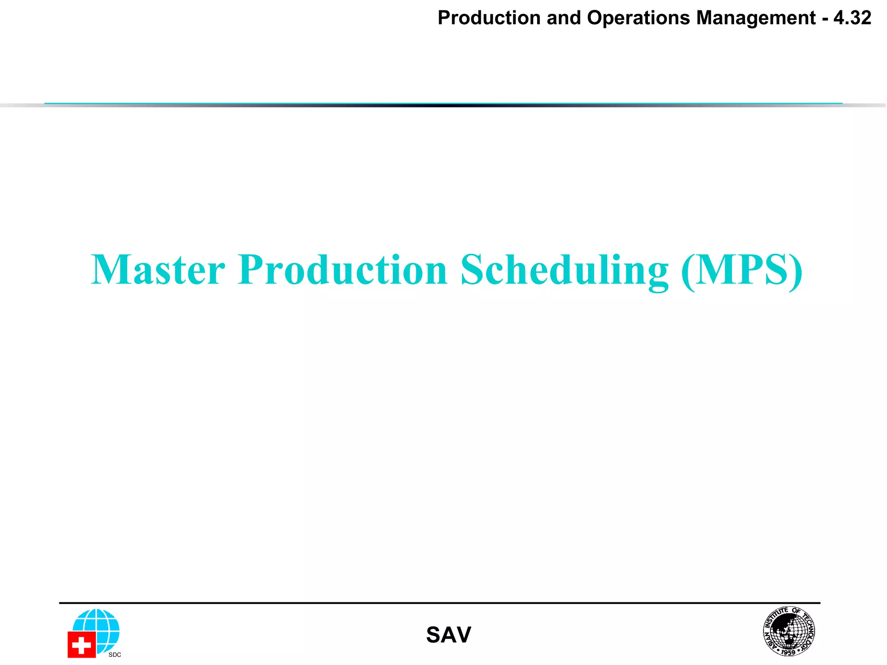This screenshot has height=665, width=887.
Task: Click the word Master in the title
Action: point(158,270)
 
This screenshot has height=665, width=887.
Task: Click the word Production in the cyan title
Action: point(342,270)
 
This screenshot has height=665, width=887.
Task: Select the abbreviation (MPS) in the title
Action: point(742,270)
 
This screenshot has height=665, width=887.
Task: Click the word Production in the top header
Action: point(489,18)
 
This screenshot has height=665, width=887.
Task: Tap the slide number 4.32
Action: point(852,18)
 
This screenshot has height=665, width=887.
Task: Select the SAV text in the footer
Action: point(448,635)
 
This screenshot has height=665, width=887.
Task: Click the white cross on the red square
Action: point(81,646)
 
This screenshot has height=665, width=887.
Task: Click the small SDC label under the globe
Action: point(115,655)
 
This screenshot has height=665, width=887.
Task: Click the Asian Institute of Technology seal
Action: point(789,631)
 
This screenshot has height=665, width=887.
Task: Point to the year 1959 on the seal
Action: point(788,652)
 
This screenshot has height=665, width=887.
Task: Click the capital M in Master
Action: point(110,270)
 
